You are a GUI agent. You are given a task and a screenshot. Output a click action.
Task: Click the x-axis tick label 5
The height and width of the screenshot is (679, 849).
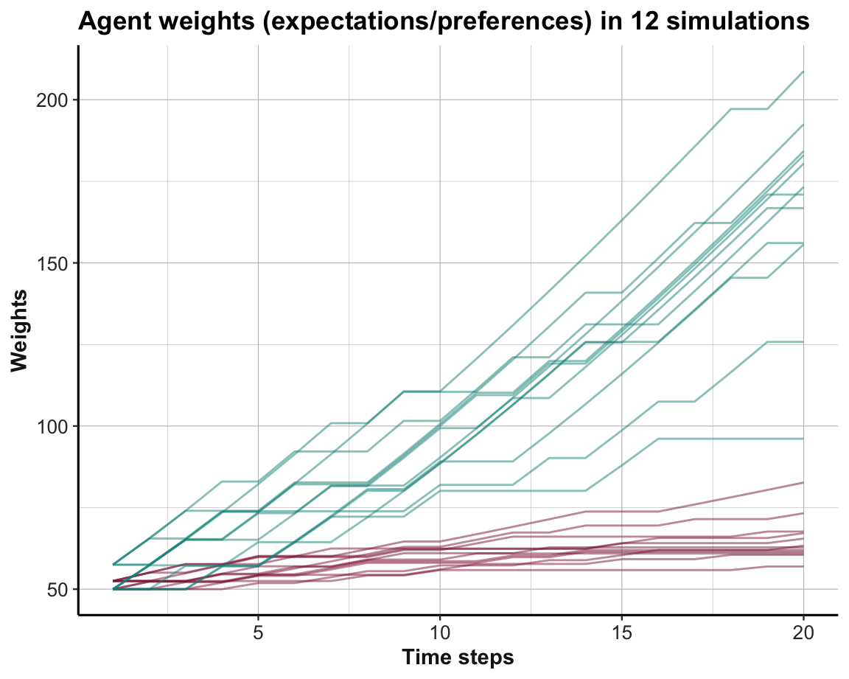259,633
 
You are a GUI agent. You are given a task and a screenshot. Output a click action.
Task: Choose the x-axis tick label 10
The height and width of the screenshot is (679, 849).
440,633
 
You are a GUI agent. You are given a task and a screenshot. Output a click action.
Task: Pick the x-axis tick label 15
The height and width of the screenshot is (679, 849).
621,633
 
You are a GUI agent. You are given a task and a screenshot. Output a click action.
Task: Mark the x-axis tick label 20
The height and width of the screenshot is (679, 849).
803,633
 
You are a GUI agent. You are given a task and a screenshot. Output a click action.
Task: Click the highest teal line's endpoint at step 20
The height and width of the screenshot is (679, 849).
803,72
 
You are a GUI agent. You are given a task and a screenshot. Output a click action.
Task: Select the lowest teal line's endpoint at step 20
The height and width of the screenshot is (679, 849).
803,439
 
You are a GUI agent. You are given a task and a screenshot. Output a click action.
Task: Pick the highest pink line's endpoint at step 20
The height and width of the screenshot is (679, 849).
803,482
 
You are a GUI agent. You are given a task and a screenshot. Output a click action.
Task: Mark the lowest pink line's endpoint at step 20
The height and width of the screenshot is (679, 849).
803,566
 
